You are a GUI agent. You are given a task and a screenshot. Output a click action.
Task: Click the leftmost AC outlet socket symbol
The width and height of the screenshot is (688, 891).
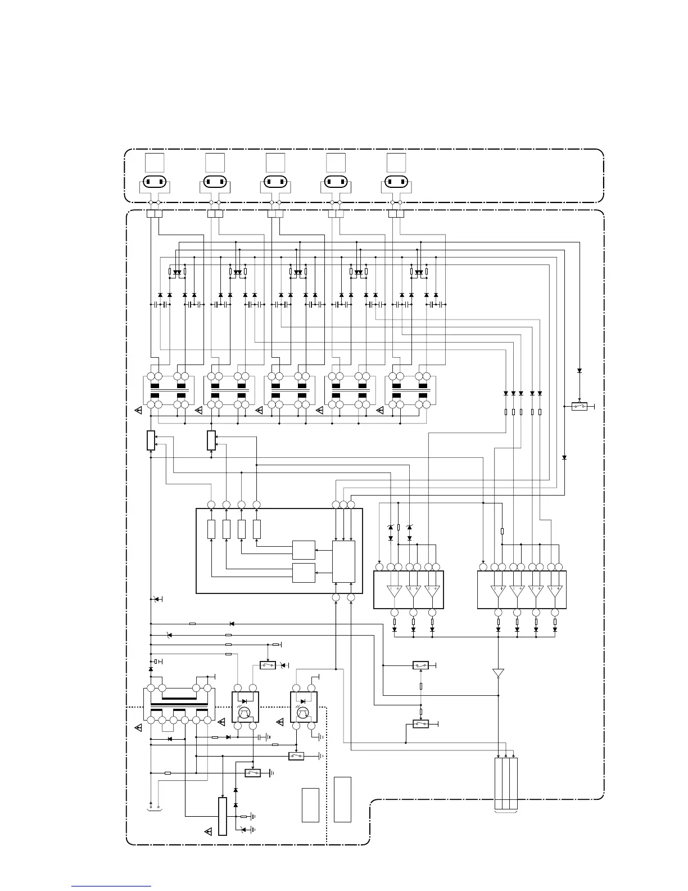155,182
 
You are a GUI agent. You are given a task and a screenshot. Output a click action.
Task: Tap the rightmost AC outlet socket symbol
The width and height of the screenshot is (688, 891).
396,182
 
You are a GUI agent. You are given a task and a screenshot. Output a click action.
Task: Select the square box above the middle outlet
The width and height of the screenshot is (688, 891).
275,162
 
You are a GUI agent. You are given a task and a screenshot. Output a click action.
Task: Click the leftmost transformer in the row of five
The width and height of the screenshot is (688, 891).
169,390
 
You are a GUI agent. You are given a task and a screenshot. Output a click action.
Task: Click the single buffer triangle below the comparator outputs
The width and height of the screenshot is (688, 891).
498,673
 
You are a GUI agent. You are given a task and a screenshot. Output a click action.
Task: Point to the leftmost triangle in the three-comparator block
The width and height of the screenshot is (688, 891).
395,591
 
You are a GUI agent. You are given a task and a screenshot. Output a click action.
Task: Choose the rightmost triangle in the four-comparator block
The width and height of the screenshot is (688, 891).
555,591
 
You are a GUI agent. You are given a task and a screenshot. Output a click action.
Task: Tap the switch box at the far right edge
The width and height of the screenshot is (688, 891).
580,406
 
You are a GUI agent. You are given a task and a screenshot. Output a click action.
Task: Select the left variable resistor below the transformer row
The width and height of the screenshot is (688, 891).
151,440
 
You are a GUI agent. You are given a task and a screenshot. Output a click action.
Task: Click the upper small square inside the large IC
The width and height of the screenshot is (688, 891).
304,550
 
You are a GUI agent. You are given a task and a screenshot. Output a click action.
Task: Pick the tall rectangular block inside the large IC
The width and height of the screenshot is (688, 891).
343,561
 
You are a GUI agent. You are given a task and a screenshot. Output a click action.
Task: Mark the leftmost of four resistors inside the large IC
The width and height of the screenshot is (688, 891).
211,529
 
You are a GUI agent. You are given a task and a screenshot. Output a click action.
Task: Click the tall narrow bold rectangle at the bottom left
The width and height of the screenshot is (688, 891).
222,816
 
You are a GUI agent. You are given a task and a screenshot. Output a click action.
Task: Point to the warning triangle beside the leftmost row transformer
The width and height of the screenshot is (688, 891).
139,411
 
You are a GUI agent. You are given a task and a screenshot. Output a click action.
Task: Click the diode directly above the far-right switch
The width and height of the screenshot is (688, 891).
580,371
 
